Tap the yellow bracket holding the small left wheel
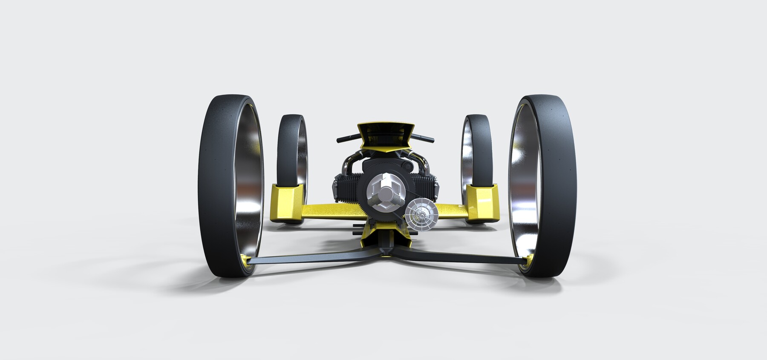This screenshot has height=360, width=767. pyautogui.click(x=289, y=202)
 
